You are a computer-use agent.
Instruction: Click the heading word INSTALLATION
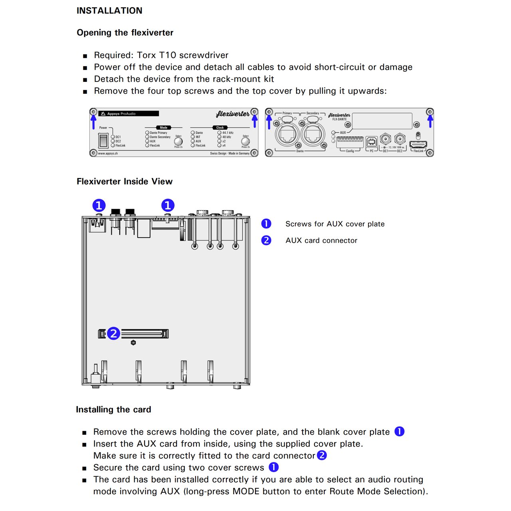point(109,11)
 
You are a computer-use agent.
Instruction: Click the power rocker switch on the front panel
point(103,140)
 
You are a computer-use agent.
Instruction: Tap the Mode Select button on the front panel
point(178,141)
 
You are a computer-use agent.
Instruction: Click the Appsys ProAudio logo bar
point(129,114)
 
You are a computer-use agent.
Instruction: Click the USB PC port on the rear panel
point(371,141)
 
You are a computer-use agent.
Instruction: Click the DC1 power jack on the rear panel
point(385,139)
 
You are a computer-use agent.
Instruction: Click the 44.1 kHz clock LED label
point(228,133)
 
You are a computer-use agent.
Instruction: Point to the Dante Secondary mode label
point(160,137)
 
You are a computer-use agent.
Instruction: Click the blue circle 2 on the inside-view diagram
point(113,333)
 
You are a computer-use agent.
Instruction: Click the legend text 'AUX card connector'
point(321,240)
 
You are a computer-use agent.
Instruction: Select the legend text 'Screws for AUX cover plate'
point(335,224)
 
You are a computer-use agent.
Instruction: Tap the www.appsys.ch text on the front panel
point(108,153)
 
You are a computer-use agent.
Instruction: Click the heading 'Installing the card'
point(113,410)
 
